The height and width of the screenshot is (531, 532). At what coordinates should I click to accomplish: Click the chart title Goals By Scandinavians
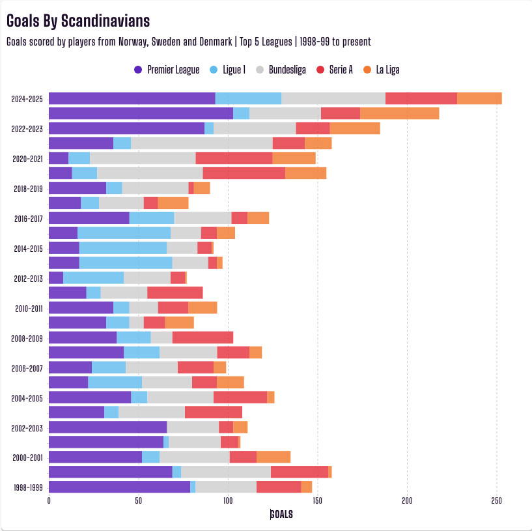click(x=78, y=21)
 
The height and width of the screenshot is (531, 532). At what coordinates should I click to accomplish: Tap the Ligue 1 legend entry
click(x=229, y=70)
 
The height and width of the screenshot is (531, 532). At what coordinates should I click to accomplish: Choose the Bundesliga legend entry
click(x=283, y=70)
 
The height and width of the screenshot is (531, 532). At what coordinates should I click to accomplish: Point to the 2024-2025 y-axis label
click(x=27, y=99)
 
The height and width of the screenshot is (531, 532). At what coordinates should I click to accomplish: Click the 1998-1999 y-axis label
click(x=27, y=487)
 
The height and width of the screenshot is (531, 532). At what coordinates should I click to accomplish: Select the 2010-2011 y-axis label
click(x=27, y=308)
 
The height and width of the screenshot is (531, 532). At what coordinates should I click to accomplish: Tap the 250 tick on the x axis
click(x=496, y=501)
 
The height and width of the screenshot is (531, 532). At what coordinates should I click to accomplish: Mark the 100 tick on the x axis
click(x=228, y=501)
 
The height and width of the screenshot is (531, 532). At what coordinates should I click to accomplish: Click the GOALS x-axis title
click(x=281, y=514)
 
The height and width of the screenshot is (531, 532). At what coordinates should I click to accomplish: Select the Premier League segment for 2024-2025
click(x=132, y=98)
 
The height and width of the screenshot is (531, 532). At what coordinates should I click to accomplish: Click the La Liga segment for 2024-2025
click(x=479, y=98)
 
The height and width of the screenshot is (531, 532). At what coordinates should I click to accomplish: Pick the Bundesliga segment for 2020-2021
click(x=143, y=158)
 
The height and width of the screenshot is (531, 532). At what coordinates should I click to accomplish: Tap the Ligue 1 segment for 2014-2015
click(x=123, y=248)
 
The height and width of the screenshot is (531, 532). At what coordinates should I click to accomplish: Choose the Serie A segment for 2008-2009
click(x=203, y=338)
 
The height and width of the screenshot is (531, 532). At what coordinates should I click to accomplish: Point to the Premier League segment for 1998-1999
click(x=119, y=487)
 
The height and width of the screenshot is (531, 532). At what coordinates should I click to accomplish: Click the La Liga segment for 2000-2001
click(x=273, y=457)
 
